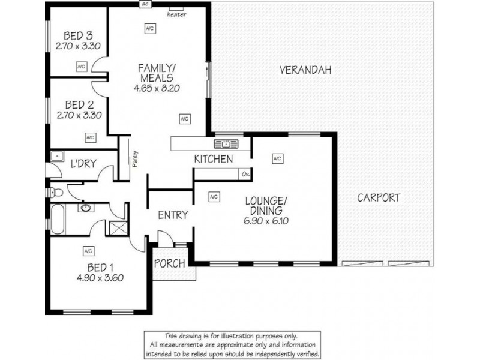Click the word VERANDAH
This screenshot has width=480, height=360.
305,70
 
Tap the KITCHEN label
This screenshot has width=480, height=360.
213,159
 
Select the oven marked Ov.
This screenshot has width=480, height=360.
245,174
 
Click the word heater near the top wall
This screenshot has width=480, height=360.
176,14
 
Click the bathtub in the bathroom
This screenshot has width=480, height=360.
57,221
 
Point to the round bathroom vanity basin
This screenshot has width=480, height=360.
88,208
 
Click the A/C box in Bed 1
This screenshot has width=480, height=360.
88,250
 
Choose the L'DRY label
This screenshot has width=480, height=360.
82,164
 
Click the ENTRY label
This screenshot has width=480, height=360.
173,215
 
